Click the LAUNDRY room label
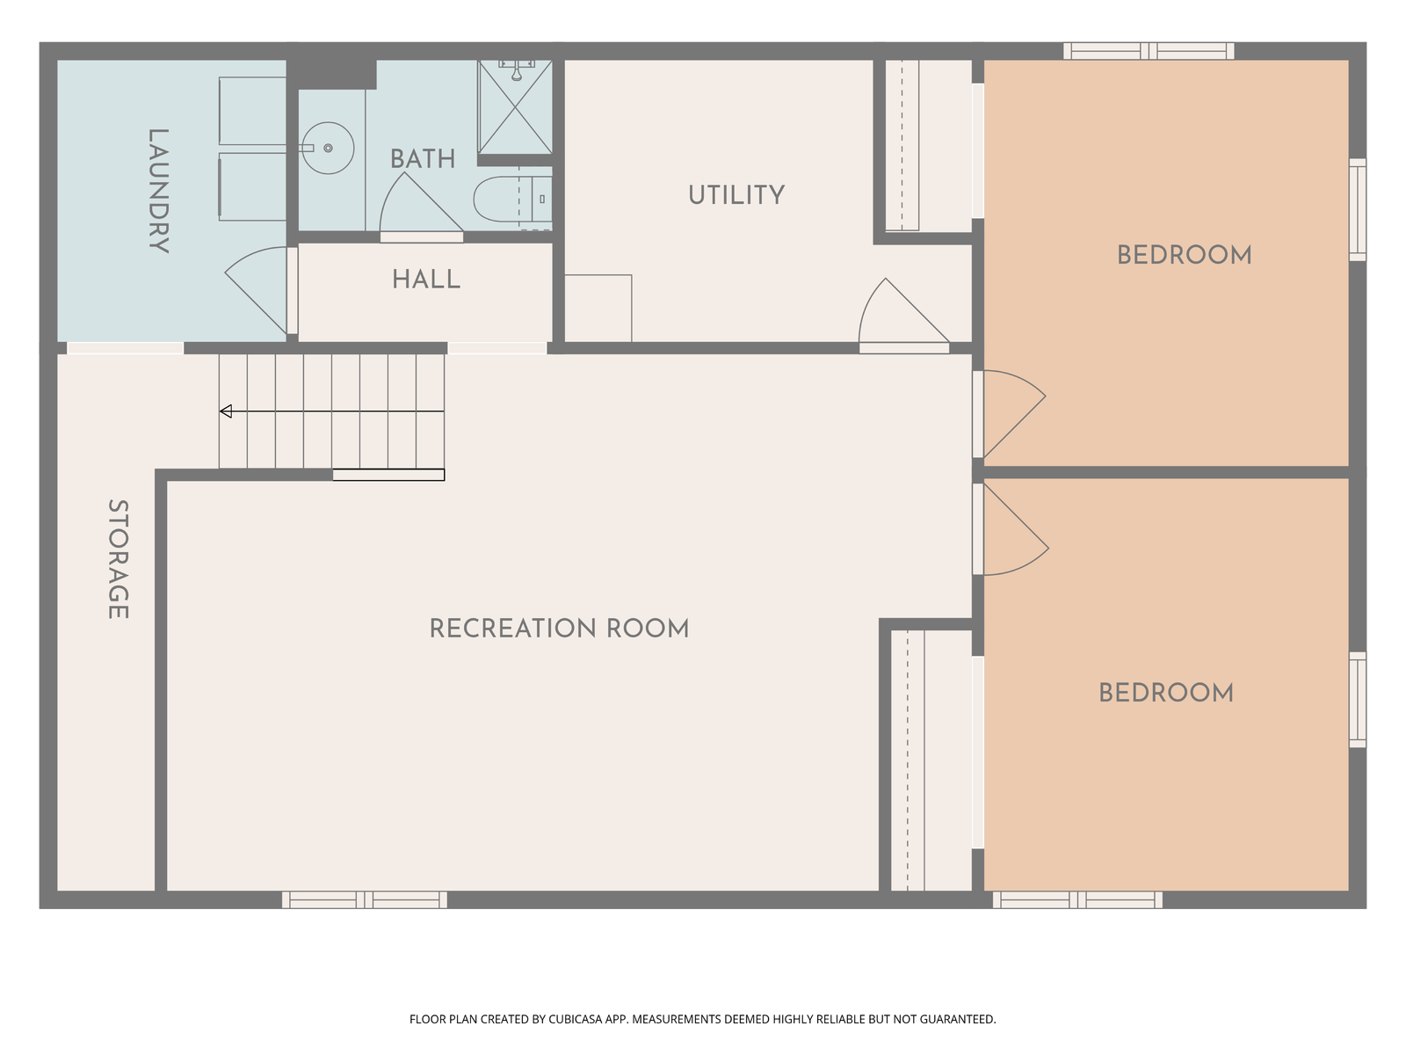(158, 191)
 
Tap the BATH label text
(423, 159)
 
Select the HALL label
(426, 280)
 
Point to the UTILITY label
(736, 195)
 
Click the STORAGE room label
(118, 559)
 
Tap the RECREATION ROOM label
(559, 629)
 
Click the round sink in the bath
(328, 148)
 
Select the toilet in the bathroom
(512, 200)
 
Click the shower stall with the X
(515, 107)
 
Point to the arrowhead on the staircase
(226, 411)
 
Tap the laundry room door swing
(256, 289)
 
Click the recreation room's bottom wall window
(365, 900)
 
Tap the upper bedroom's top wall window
(1149, 51)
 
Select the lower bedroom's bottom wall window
(1077, 900)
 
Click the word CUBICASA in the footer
(576, 1019)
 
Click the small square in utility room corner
(598, 308)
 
